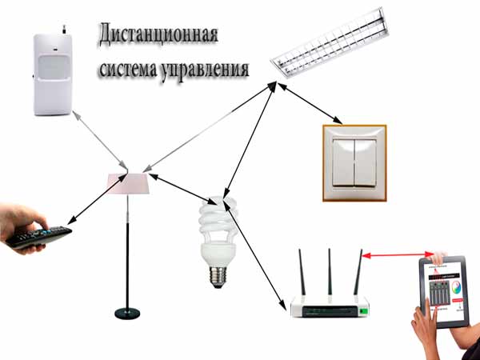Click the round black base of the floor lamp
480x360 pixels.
click(128, 312)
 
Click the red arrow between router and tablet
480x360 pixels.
click(396, 254)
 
